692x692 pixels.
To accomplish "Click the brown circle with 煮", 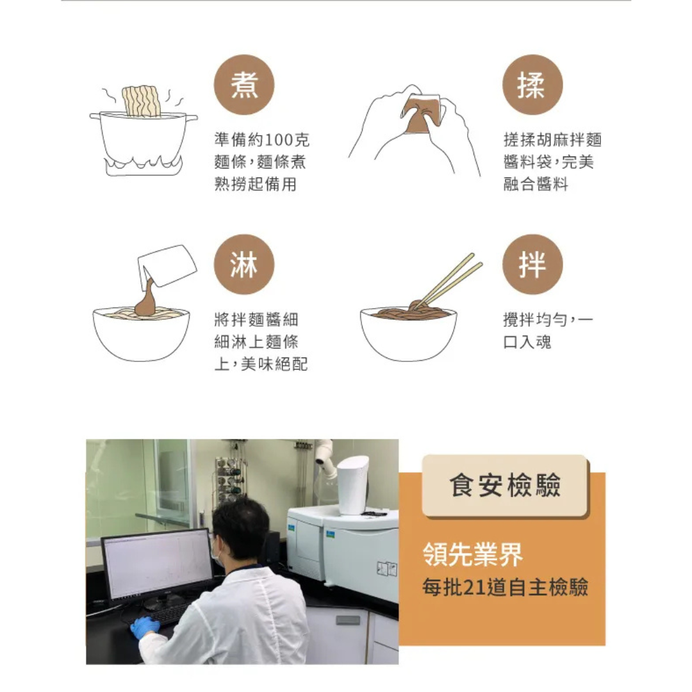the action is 244,85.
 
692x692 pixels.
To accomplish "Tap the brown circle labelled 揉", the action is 532,85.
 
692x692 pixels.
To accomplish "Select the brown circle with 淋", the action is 244,265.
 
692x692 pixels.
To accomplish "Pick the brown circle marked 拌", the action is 532,265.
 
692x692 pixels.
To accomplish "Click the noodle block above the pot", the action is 141,101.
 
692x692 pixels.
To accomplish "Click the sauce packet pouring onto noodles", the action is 167,266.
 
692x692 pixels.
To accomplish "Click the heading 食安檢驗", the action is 505,486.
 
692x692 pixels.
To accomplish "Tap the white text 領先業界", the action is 473,554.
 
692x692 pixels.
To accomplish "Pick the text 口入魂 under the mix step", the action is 527,342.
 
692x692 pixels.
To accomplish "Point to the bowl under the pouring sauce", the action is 141,334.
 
